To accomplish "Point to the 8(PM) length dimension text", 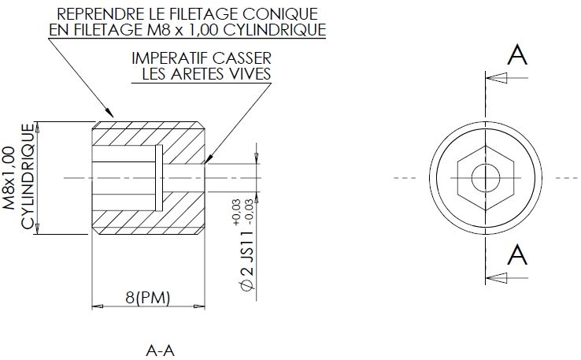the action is (x=147, y=297).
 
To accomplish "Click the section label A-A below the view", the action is (x=160, y=351).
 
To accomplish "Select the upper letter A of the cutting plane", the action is (x=517, y=55).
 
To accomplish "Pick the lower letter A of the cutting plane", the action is (x=517, y=254).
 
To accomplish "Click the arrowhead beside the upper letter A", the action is (x=497, y=78).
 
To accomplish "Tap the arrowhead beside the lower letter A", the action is (x=497, y=278).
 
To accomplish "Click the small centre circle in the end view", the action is (x=486, y=178).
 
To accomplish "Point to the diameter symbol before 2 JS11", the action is (x=247, y=285).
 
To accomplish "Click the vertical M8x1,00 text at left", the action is (x=9, y=178).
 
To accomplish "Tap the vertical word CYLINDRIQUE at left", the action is (x=28, y=176).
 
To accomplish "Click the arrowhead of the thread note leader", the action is (x=109, y=112).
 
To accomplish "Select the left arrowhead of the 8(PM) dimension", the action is (x=97, y=306).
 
